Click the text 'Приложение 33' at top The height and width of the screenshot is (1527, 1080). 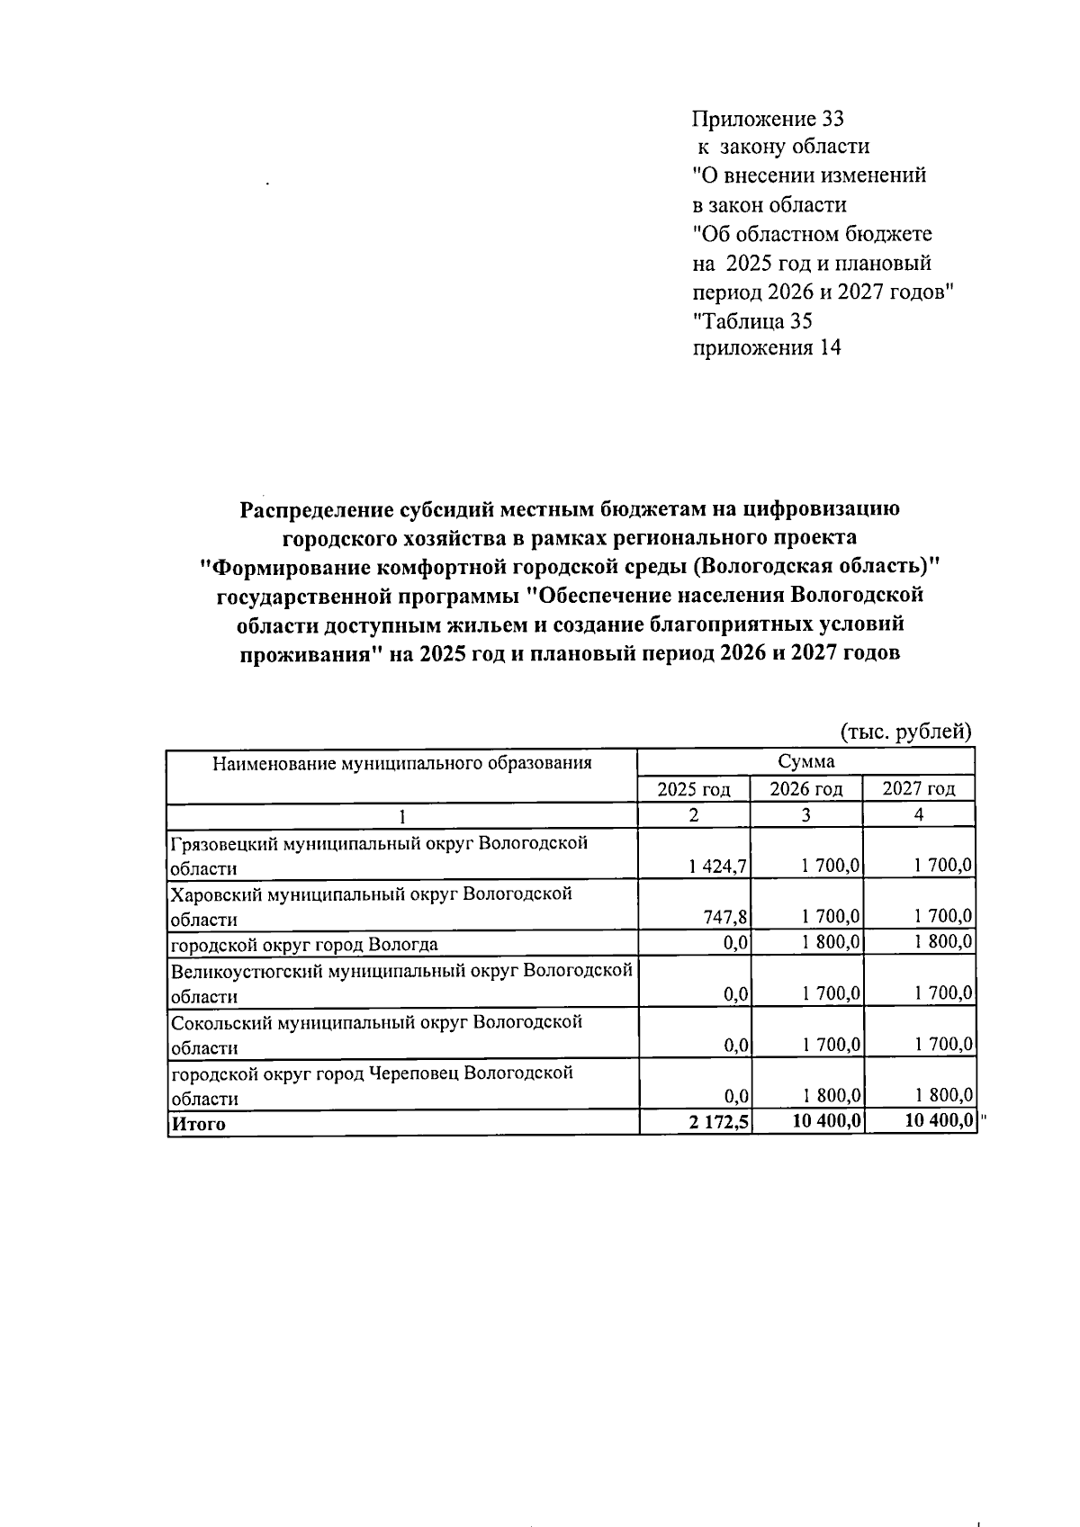click(x=767, y=118)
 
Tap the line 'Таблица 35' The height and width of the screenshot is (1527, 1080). click(x=752, y=320)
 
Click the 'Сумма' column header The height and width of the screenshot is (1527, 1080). click(x=805, y=761)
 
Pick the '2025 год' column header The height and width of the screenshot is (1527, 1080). click(x=693, y=789)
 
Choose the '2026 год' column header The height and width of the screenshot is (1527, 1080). click(x=805, y=789)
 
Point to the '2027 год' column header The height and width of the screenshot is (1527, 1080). click(x=918, y=789)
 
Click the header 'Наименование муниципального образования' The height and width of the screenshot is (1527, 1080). click(x=401, y=764)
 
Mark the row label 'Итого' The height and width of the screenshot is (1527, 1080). click(x=199, y=1124)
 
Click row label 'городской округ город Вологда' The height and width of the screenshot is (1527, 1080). click(x=305, y=944)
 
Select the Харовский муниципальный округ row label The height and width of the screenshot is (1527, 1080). click(x=371, y=906)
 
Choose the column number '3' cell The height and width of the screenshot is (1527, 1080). click(x=805, y=815)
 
